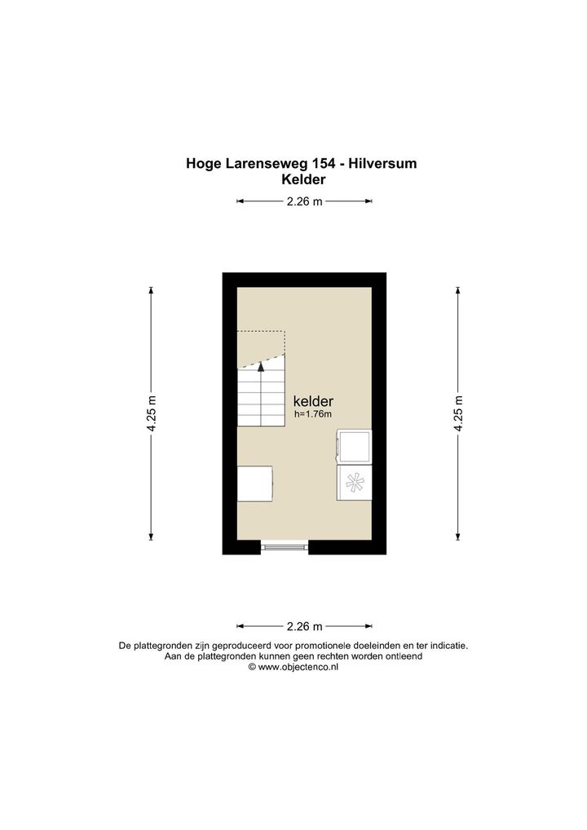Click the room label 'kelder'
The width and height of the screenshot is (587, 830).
click(x=313, y=401)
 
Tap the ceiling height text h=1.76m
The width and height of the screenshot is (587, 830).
click(x=313, y=414)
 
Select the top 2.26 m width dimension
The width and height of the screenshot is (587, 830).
click(x=304, y=201)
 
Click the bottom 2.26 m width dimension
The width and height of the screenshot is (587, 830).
click(x=304, y=626)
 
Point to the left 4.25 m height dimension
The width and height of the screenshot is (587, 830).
click(x=152, y=413)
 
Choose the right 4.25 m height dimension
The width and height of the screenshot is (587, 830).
click(x=458, y=413)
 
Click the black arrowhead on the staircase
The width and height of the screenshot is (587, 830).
click(x=261, y=367)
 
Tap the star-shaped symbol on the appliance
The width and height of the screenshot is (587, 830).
click(x=355, y=482)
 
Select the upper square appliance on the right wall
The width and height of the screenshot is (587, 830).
click(x=354, y=448)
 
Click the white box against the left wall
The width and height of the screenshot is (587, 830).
click(x=254, y=483)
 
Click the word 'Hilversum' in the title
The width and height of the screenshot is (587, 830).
click(x=385, y=164)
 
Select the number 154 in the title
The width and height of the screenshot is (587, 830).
click(x=323, y=164)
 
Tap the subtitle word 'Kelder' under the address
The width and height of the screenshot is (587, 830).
click(x=303, y=179)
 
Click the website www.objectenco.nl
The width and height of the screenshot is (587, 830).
click(x=298, y=667)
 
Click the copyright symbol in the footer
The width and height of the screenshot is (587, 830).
click(x=253, y=667)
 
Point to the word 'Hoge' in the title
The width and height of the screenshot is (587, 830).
click(x=203, y=164)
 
